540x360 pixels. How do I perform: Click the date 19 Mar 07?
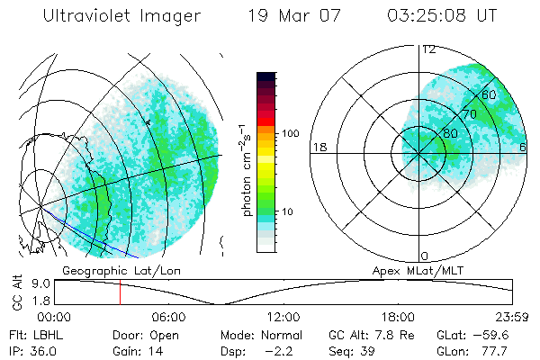[x=296, y=16]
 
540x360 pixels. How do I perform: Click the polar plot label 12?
[x=428, y=49]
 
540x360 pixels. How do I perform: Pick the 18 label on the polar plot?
[x=318, y=147]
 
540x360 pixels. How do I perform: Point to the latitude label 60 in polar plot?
[x=489, y=94]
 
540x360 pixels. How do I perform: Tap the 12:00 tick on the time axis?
[x=283, y=318]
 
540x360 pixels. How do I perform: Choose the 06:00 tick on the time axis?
[x=168, y=318]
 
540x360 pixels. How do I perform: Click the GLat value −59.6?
[x=510, y=335]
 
